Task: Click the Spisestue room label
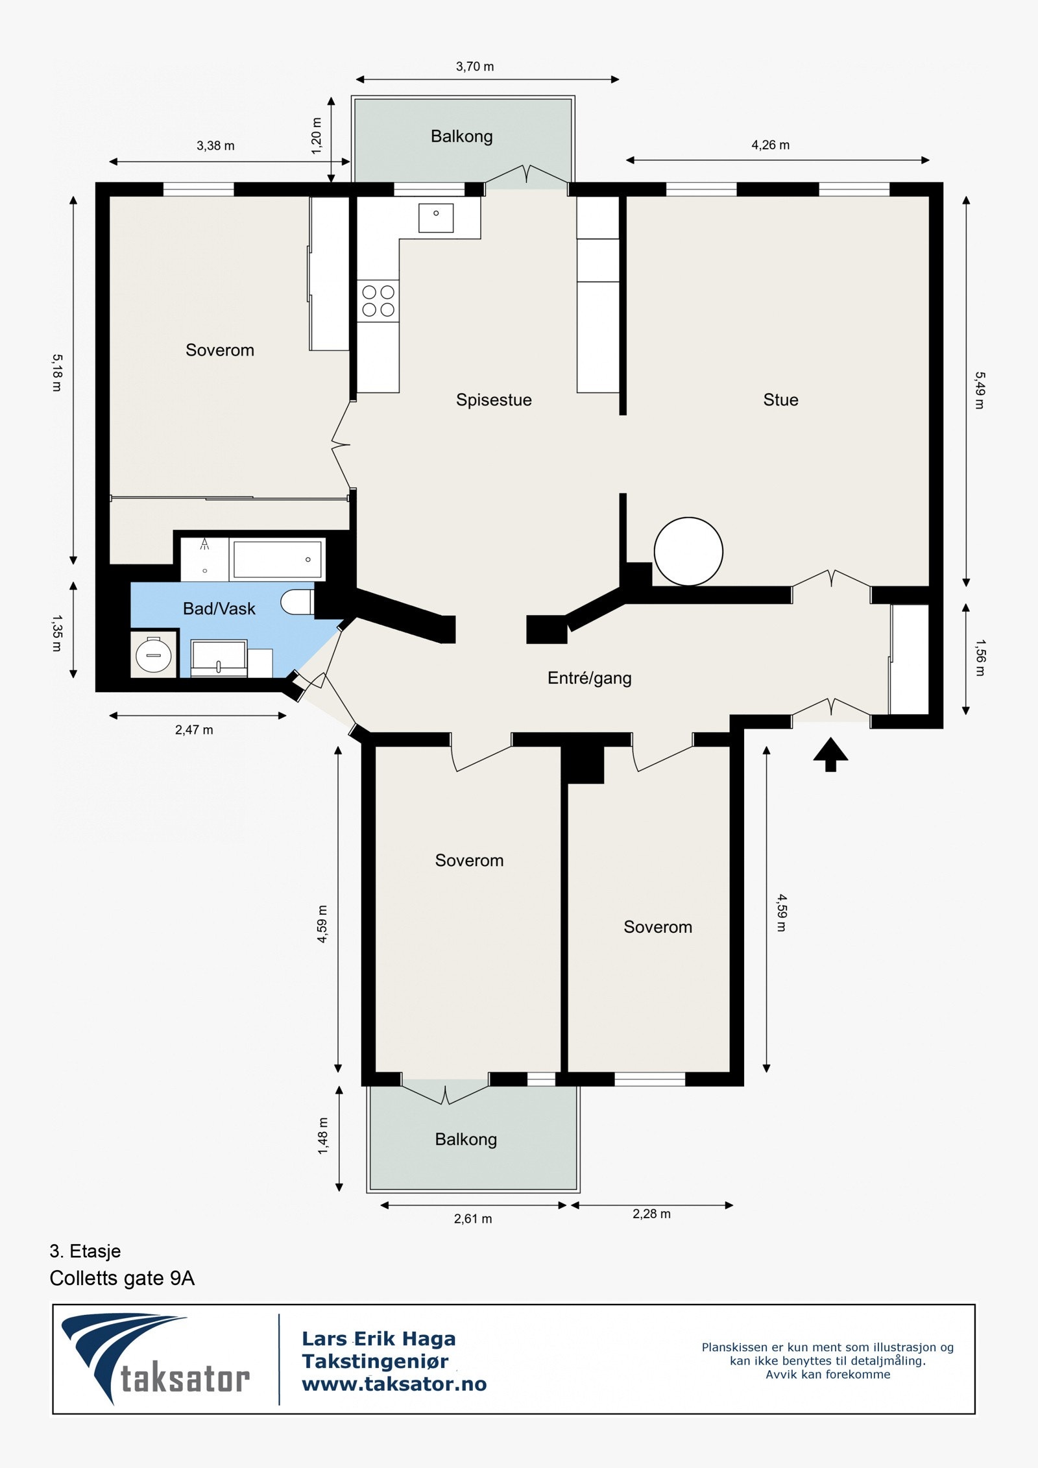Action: pos(494,400)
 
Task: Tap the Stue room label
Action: pos(780,400)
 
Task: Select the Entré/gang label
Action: pos(589,678)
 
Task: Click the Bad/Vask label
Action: pos(219,608)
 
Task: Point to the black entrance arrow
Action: pos(830,754)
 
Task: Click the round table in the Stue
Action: pos(688,551)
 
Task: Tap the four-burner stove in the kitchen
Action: pos(378,301)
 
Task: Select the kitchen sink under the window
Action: pos(435,217)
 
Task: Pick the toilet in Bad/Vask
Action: pos(297,602)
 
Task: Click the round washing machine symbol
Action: pos(154,655)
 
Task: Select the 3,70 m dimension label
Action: pos(474,66)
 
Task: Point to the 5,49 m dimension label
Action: pos(980,390)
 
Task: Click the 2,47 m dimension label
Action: pos(194,730)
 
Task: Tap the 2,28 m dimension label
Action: pos(651,1214)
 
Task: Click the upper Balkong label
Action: pos(461,136)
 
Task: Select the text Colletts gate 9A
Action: pos(122,1278)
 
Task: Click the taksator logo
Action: pos(156,1359)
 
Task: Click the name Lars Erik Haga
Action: pos(379,1338)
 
